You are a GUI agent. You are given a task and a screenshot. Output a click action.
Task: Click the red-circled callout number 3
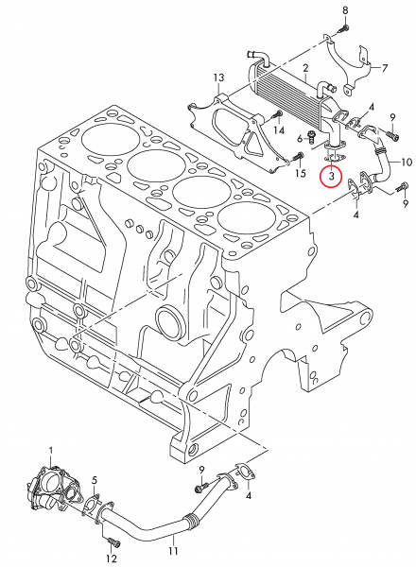pyautogui.click(x=331, y=176)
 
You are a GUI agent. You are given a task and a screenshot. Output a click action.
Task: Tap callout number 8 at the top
pyautogui.click(x=345, y=10)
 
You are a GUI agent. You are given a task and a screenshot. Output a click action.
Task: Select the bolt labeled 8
pyautogui.click(x=343, y=28)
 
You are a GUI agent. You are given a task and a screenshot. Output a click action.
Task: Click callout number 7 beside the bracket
pyautogui.click(x=385, y=68)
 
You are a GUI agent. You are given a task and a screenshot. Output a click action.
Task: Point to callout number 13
pyautogui.click(x=218, y=77)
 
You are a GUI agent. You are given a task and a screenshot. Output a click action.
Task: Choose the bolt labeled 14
pyautogui.click(x=277, y=115)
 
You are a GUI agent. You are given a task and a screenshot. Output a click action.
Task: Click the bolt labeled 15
pyautogui.click(x=299, y=157)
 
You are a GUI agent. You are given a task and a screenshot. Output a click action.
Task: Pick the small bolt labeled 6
pyautogui.click(x=311, y=135)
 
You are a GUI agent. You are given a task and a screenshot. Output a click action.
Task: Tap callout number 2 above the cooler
pyautogui.click(x=305, y=68)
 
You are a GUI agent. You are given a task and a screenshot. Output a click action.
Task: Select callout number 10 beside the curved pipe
pyautogui.click(x=407, y=162)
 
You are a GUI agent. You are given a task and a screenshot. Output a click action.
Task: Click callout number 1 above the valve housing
pyautogui.click(x=51, y=451)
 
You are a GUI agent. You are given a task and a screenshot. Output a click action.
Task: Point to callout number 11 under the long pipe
pyautogui.click(x=173, y=551)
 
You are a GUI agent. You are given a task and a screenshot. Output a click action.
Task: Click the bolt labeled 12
pyautogui.click(x=114, y=542)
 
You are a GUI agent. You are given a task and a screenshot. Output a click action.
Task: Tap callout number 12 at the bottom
pyautogui.click(x=112, y=558)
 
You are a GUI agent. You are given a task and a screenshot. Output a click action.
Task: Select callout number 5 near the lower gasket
pyautogui.click(x=95, y=481)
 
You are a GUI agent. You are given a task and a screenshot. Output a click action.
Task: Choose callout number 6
pyautogui.click(x=300, y=139)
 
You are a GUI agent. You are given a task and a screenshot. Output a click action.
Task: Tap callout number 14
pyautogui.click(x=279, y=130)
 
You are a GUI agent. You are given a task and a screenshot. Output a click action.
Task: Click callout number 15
pyautogui.click(x=301, y=173)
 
